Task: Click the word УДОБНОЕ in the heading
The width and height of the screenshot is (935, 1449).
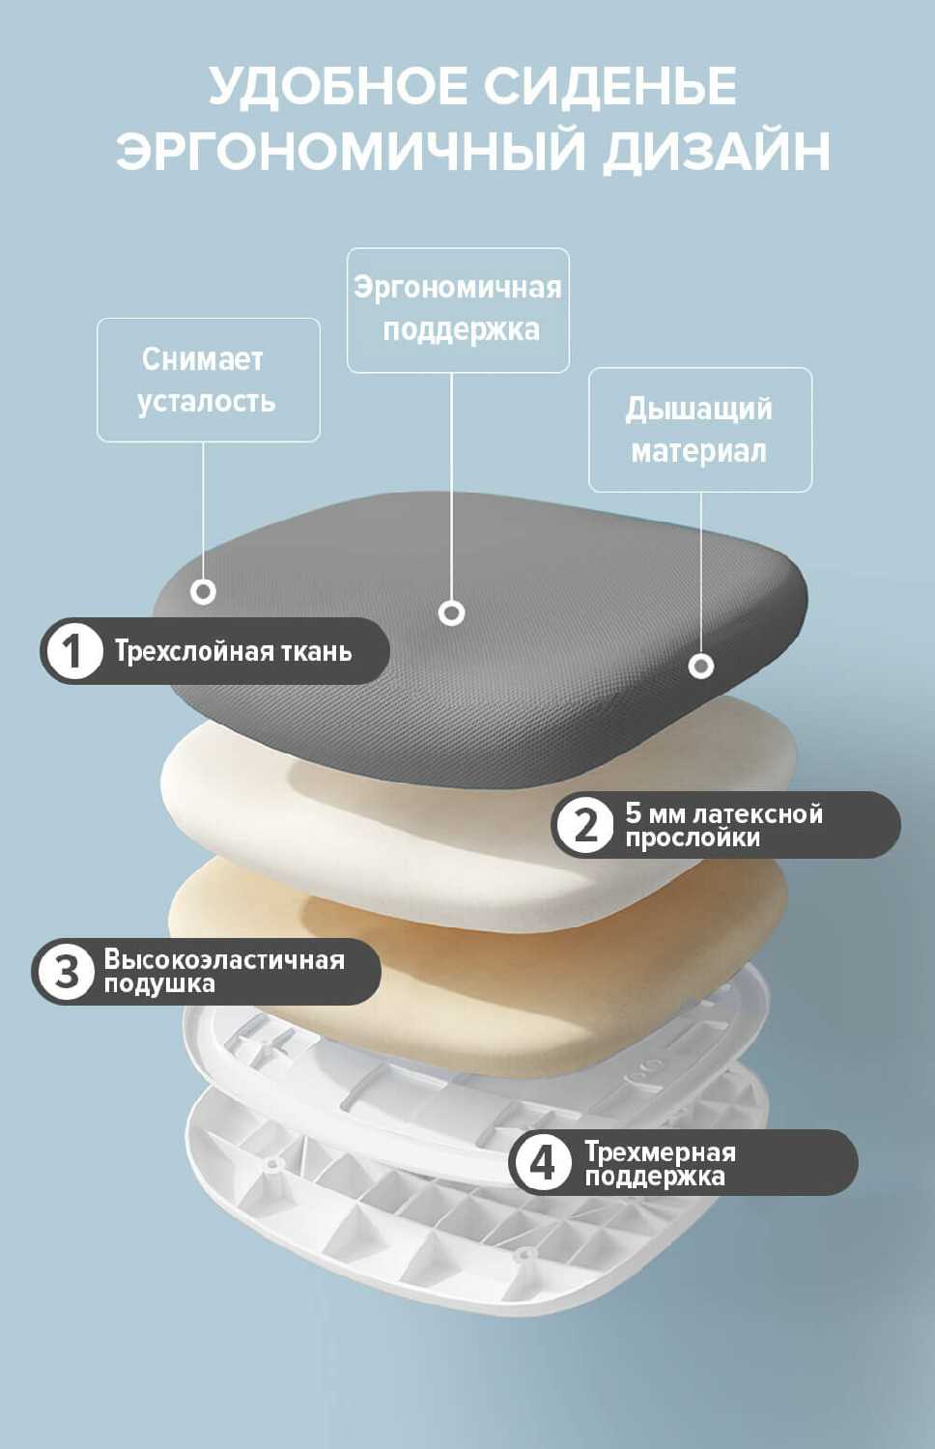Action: (338, 86)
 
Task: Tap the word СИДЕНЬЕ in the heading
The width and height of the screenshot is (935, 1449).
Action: (609, 86)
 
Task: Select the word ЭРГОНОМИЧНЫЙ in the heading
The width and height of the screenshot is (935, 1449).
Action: (351, 152)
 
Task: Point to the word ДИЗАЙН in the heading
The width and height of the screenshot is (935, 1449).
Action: (716, 152)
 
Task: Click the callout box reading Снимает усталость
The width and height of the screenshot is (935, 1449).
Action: (208, 380)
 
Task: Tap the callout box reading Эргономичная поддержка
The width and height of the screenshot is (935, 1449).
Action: (458, 309)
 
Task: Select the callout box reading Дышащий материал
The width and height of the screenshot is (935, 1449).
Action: (699, 429)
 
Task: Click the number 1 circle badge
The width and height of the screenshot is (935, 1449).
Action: (72, 651)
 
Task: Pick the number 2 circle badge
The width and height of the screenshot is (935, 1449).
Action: (585, 825)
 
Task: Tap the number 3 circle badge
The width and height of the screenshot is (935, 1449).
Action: (65, 971)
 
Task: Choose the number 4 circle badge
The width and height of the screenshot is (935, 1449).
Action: (543, 1162)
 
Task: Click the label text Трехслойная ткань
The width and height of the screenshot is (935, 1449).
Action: (233, 651)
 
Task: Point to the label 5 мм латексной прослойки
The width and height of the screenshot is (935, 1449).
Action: (723, 825)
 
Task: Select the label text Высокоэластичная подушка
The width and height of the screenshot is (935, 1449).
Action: (223, 971)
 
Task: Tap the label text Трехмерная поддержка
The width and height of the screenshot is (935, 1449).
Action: (660, 1163)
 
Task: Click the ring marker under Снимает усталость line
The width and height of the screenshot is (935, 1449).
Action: (203, 591)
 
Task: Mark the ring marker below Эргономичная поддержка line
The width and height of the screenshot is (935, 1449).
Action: (451, 612)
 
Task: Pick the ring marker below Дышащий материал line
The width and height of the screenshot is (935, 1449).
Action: (701, 666)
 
